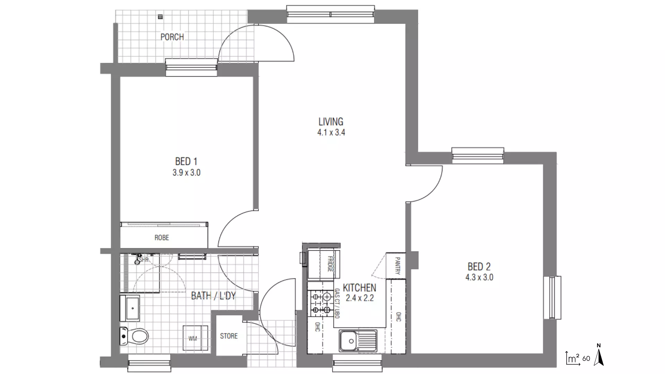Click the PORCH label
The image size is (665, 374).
[x=172, y=37]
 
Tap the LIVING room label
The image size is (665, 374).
[x=331, y=122]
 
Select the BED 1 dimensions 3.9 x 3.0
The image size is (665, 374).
[x=186, y=172]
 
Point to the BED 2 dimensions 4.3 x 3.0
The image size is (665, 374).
[x=479, y=277]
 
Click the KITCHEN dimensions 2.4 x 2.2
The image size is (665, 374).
[x=360, y=298]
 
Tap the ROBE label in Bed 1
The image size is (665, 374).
[x=162, y=238]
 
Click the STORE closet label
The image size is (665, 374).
[x=229, y=336]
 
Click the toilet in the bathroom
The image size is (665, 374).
[x=134, y=336]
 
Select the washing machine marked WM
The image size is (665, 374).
[x=195, y=338]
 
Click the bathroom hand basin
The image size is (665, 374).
[x=130, y=308]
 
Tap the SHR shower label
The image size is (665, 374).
[x=144, y=260]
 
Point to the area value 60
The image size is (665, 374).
[x=586, y=358]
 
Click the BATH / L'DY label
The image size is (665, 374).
[x=213, y=296]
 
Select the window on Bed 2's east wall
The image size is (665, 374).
[x=552, y=297]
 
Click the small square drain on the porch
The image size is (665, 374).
[x=160, y=16]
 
